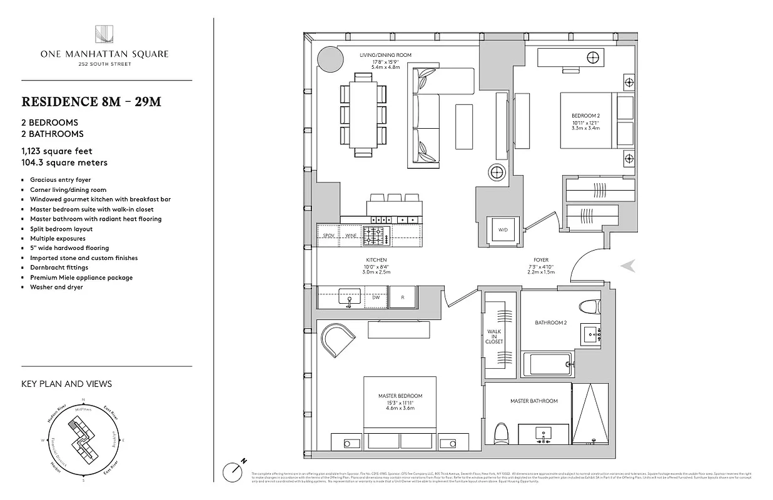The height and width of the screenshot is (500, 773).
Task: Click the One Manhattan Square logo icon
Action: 104,34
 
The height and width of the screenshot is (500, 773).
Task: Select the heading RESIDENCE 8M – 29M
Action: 91,102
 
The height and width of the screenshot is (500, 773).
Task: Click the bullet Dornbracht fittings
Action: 59,267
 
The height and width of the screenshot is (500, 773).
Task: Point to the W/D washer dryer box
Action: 503,230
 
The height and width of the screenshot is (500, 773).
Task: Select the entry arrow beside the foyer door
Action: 628,266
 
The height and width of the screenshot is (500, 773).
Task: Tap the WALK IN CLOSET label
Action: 494,337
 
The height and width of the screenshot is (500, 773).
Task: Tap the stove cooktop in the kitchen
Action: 376,236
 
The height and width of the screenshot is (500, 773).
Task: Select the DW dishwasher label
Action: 376,298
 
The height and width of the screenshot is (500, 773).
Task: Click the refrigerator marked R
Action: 403,297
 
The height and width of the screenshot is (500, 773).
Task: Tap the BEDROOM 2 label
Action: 585,116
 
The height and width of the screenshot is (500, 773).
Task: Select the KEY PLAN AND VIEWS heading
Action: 66,384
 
